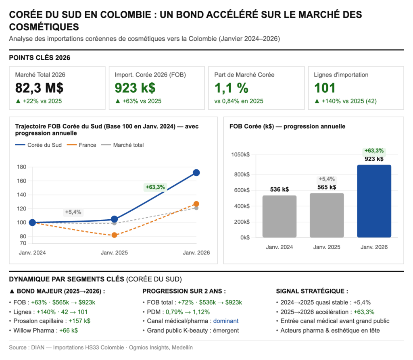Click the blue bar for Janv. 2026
[x=374, y=201]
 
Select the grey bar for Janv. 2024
[x=280, y=216]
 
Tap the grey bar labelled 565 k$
[x=327, y=215]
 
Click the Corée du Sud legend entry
[x=38, y=145]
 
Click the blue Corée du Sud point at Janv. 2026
[x=196, y=173]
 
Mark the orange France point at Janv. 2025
[x=114, y=235]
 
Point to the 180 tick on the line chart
[x=22, y=167]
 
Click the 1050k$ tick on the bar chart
[x=241, y=155]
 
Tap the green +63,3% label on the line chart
[x=155, y=187]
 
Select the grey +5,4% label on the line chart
[x=73, y=212]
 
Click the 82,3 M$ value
[x=39, y=88]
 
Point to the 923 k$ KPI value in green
[x=135, y=88]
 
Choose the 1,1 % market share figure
[x=232, y=88]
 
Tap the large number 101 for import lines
[x=325, y=88]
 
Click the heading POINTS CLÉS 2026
[x=40, y=58]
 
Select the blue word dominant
[x=226, y=321]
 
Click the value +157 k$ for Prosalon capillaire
[x=79, y=321]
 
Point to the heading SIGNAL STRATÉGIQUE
[x=312, y=291]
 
